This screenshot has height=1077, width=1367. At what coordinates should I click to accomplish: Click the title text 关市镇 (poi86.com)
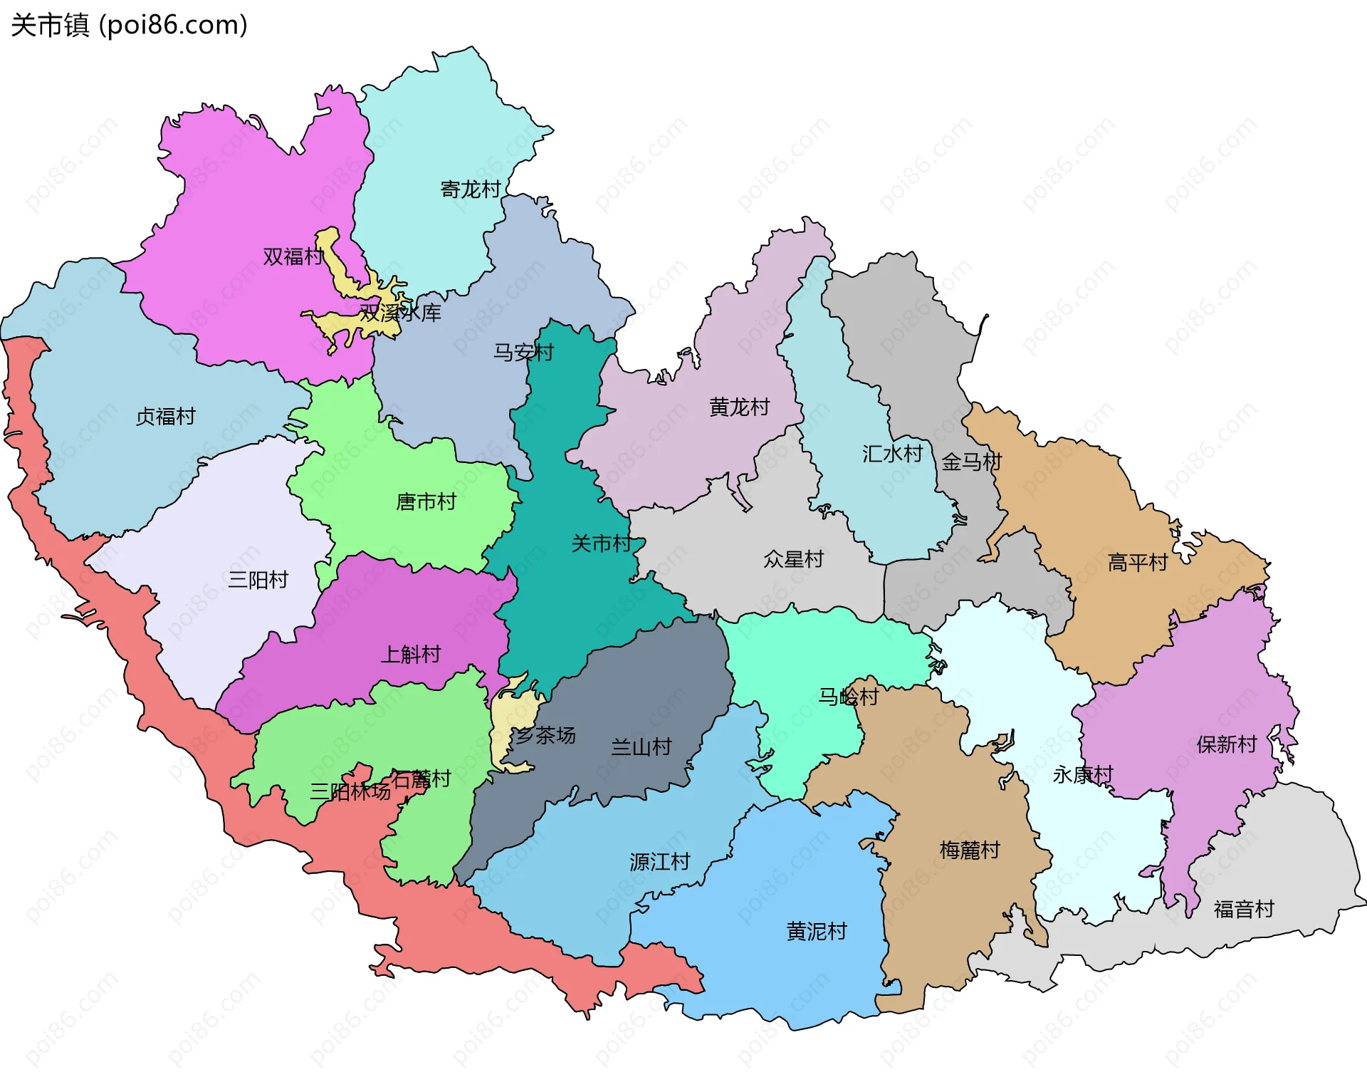click(129, 26)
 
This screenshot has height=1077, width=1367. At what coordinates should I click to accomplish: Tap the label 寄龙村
click(471, 189)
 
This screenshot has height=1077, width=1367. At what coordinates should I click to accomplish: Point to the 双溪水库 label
click(400, 313)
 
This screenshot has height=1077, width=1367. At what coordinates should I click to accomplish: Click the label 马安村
click(523, 352)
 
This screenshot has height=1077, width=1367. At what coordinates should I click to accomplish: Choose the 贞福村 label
click(166, 417)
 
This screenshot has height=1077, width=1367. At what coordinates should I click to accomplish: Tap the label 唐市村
click(426, 502)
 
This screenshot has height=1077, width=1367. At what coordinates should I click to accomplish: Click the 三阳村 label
click(258, 580)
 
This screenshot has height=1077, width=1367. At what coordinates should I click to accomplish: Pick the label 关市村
click(602, 544)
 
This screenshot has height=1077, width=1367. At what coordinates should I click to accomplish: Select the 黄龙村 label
click(739, 407)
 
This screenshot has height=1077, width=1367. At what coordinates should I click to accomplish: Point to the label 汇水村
click(892, 454)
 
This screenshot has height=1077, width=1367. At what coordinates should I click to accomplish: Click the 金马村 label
click(972, 462)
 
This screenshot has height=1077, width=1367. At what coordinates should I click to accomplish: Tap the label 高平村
click(1138, 563)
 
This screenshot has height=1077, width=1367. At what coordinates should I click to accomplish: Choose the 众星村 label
click(793, 559)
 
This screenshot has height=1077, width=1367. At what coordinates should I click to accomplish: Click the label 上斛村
click(411, 655)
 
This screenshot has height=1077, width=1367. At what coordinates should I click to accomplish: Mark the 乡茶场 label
click(545, 736)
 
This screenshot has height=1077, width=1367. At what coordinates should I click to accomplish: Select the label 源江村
click(660, 863)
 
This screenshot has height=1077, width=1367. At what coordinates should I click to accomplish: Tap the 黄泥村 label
click(817, 932)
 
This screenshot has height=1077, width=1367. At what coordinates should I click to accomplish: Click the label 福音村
click(1244, 910)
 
